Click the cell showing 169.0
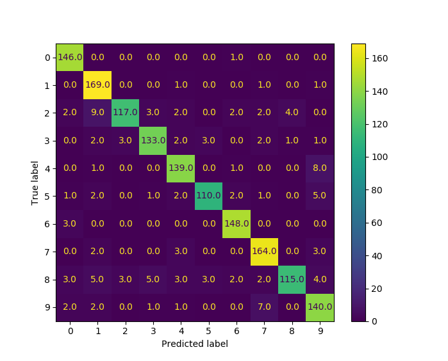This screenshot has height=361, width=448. [x=98, y=84]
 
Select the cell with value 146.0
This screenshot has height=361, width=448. [x=70, y=57]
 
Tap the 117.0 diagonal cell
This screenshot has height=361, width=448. [x=126, y=113]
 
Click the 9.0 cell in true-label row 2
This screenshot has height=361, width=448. [x=98, y=113]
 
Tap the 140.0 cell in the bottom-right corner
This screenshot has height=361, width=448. [x=320, y=307]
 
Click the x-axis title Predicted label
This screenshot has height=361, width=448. [x=195, y=344]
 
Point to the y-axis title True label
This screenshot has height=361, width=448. [x=36, y=182]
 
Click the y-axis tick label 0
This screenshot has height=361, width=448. [x=47, y=58]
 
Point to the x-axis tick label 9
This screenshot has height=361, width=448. [x=320, y=331]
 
